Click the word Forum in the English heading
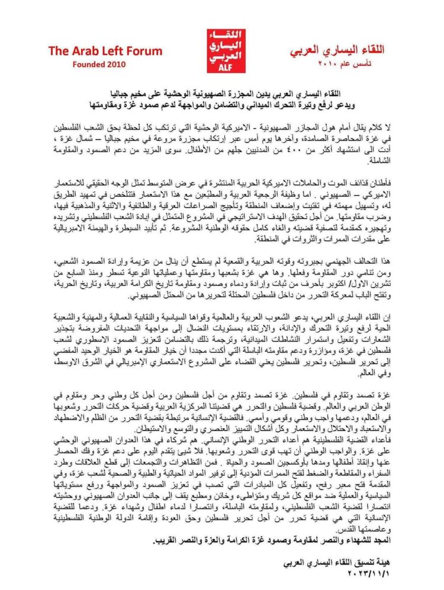pos(141,51)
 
